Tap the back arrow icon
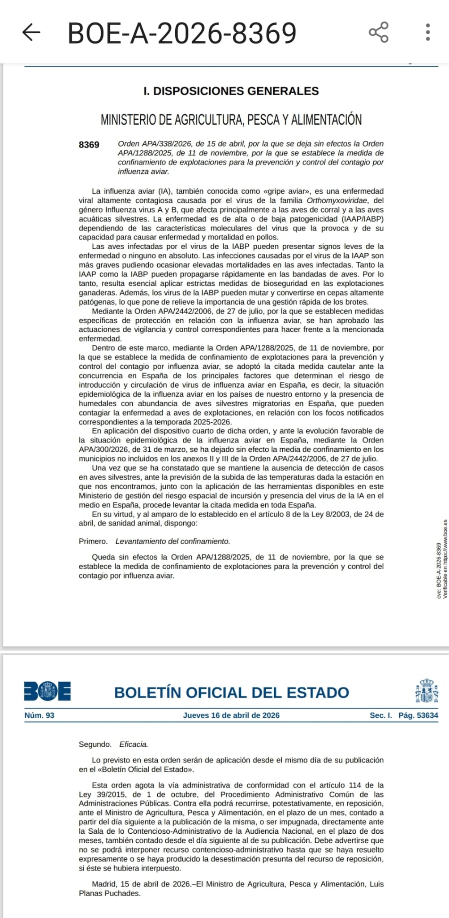pos(31,32)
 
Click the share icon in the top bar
pos(379,32)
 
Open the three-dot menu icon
pos(428,32)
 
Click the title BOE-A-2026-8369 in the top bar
pos(182,33)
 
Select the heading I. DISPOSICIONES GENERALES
pos(231,91)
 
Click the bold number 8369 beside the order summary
pos(89,145)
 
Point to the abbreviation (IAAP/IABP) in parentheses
pos(363,219)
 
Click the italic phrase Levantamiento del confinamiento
pos(173,541)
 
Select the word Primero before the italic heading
pos(93,541)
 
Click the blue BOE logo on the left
pos(47,691)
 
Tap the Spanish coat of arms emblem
pos(426,691)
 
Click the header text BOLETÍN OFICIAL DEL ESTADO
pos(231,693)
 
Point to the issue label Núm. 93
pos(39,715)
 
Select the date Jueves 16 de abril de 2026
pos(231,715)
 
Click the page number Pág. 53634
pos(418,715)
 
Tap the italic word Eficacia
pos(134,745)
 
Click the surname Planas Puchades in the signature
pos(109,893)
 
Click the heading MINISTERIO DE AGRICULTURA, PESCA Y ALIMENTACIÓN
pos(231,120)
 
